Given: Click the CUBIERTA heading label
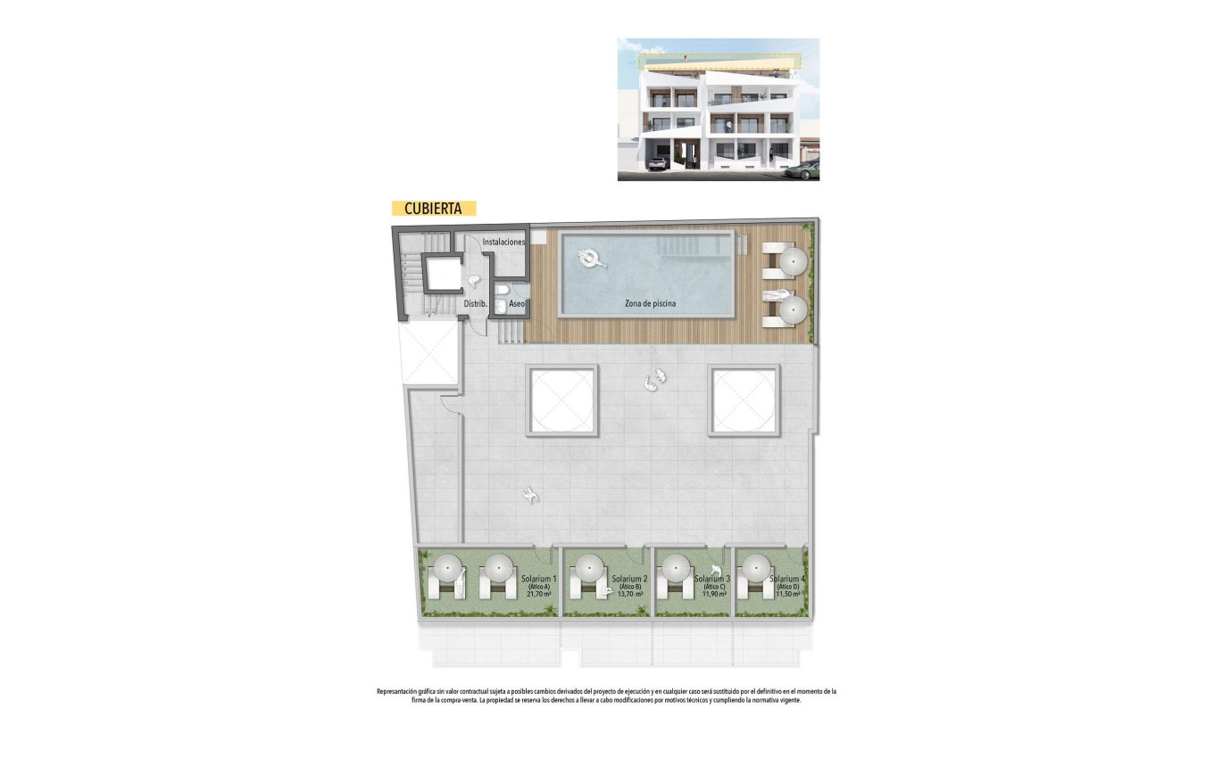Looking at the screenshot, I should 433,209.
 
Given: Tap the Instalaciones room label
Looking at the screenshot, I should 503,242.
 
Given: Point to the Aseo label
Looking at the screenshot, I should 517,304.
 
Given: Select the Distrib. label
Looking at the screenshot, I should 475,304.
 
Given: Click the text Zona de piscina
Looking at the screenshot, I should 650,303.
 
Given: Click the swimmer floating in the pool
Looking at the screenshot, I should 591,259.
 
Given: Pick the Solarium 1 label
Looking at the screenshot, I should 539,579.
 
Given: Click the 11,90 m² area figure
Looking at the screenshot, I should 715,594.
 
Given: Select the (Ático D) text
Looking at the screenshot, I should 788,587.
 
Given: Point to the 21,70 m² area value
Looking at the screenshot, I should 539,594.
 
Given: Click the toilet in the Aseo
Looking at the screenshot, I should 503,290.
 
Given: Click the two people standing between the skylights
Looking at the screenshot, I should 655,380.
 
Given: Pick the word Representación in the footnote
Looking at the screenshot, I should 399,691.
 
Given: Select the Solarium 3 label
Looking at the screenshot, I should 712,579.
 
